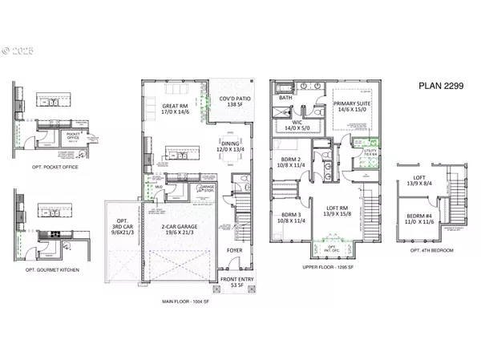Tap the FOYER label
pos(236,249)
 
